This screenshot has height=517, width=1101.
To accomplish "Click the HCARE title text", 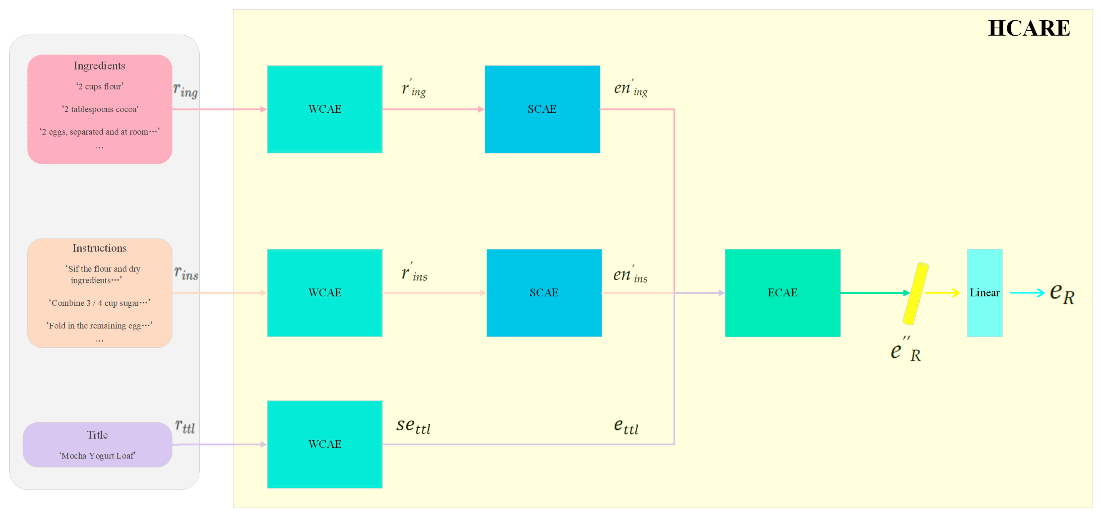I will tap(1029, 28).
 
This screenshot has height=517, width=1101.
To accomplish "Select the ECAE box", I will tap(782, 293).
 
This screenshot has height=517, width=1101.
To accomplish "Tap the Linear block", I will tap(984, 293).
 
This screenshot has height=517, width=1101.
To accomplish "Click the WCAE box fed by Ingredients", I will tap(324, 109).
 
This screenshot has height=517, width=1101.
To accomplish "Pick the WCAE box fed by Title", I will tap(324, 444).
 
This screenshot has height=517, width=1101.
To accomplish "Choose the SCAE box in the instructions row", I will tap(544, 293).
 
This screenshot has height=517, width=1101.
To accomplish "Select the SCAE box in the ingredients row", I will tap(542, 109).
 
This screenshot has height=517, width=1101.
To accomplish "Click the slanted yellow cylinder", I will tap(915, 293).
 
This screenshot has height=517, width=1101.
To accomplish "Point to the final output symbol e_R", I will tap(1062, 293).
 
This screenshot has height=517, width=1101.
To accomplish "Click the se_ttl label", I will tap(413, 426).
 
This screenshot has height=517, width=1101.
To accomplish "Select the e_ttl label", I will tap(626, 427).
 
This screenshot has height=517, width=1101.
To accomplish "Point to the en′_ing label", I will tap(630, 88).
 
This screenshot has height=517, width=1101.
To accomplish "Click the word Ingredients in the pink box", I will tap(99, 66).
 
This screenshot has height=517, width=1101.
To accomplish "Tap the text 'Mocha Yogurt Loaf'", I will tap(97, 456).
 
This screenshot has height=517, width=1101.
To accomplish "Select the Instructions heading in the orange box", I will tap(99, 248).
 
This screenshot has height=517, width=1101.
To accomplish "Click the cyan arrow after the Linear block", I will tap(1027, 293).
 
